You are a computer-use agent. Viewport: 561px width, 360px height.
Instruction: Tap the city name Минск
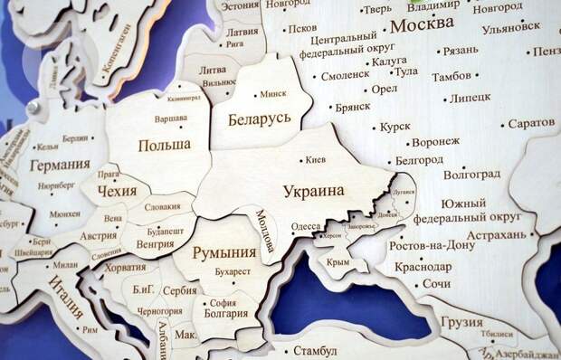pos(272,94)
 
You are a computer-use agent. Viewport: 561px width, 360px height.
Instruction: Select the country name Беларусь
pos(259,119)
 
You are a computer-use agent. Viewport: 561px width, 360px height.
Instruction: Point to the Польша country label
pos(164,145)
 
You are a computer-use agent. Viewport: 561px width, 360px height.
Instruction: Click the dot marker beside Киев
pos(301,161)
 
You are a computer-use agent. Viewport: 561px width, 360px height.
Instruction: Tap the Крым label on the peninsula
pos(338,261)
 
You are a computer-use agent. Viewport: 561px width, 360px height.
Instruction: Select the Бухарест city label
pos(233,271)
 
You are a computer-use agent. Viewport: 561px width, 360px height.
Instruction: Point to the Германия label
pos(60,165)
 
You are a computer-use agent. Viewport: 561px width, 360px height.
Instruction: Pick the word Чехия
pos(118,191)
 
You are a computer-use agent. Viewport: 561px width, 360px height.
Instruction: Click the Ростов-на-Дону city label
pos(432,245)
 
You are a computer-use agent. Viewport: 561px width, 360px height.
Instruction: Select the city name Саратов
pos(531,121)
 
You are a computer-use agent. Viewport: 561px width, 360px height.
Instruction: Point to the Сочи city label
pos(436,284)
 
